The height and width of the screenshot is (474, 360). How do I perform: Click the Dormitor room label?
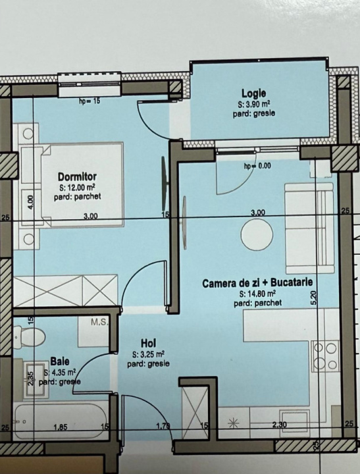[x=77, y=176]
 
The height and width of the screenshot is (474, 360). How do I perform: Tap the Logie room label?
[x=253, y=93]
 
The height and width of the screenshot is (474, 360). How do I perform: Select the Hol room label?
[x=149, y=344]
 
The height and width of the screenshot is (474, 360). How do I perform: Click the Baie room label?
[x=60, y=361]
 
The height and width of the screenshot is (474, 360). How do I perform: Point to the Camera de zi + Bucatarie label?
[x=257, y=283]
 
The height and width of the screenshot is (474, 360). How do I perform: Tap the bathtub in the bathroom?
[x=60, y=421]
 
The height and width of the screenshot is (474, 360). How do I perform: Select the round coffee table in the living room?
[x=257, y=234]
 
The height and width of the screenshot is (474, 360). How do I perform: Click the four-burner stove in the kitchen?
[x=326, y=356]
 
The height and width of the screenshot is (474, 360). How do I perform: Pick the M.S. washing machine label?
[x=99, y=322]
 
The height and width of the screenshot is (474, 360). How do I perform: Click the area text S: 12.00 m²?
[x=78, y=188]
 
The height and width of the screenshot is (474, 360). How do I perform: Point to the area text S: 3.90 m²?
[x=254, y=105]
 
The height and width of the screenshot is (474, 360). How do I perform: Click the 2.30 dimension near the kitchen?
[x=279, y=425]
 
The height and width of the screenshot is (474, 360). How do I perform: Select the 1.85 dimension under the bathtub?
[x=61, y=427]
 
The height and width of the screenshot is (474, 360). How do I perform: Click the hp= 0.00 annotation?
[x=257, y=166]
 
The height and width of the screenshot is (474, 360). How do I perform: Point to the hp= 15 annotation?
[x=90, y=101]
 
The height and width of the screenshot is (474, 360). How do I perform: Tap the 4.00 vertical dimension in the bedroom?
[x=30, y=201]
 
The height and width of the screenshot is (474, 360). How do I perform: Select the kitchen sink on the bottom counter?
[x=294, y=423]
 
